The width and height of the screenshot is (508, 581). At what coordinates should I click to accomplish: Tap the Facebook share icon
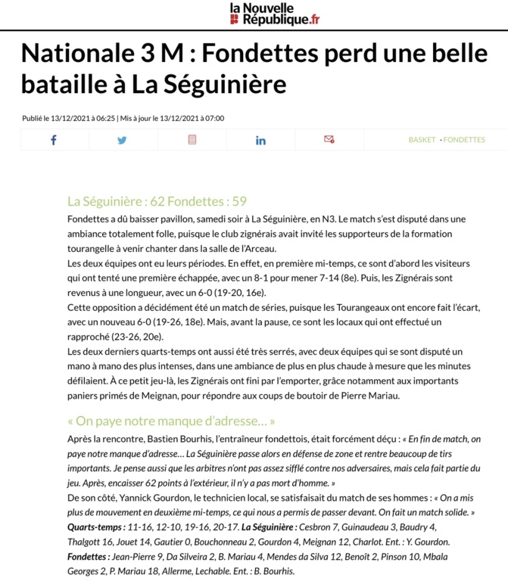point(54,140)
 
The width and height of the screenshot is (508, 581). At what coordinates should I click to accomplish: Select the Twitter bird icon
point(123,140)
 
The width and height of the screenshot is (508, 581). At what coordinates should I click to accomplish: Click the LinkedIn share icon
point(260,140)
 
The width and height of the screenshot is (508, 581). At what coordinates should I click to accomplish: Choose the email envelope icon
point(329,139)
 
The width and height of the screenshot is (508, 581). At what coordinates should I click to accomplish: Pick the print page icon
point(192,140)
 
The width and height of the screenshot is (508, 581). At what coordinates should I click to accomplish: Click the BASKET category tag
point(422,140)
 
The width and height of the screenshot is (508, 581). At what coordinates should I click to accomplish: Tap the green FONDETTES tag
point(464,140)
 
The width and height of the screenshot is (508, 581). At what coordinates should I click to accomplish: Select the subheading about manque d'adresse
point(171,421)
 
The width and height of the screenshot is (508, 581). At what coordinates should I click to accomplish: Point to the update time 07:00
point(213,118)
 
